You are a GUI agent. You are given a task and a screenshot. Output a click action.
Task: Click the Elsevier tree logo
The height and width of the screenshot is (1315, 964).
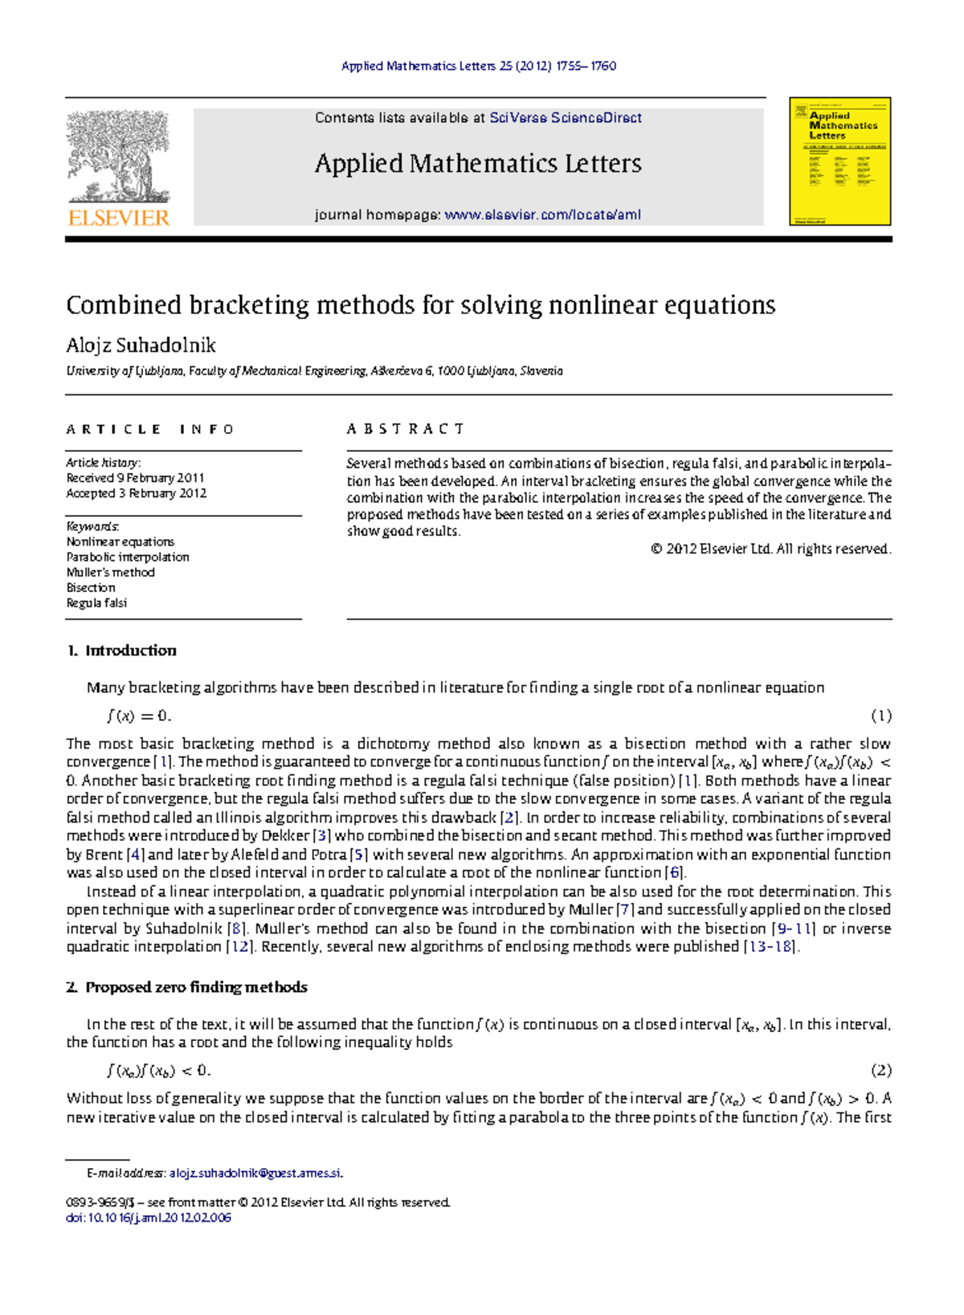click(119, 156)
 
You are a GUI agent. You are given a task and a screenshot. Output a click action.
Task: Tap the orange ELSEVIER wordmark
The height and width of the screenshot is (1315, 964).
click(119, 218)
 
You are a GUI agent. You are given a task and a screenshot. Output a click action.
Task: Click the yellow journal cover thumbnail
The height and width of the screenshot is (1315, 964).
click(839, 161)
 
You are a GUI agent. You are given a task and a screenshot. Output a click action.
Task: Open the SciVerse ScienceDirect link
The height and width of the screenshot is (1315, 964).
click(565, 118)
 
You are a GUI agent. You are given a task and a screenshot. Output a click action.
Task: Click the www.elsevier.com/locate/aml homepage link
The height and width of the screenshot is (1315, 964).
click(542, 214)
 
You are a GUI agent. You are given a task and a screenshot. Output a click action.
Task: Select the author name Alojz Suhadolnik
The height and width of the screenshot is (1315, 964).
click(141, 345)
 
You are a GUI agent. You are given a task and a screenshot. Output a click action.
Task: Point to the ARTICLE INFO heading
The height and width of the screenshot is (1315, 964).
click(149, 429)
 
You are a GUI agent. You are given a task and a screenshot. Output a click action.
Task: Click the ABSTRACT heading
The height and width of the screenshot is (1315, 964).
click(405, 429)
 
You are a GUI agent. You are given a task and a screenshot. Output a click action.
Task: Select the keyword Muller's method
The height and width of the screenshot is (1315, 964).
click(110, 572)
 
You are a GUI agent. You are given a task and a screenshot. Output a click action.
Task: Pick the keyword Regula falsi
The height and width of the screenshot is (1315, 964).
click(96, 602)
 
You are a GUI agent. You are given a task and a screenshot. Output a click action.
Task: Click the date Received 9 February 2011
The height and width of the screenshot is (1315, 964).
click(135, 478)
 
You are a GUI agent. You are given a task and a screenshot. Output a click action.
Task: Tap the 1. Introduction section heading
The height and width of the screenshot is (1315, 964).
click(121, 651)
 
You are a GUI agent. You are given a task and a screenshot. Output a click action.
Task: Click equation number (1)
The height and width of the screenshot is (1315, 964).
click(880, 715)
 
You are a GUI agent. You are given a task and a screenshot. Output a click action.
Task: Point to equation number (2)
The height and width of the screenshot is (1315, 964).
click(880, 1070)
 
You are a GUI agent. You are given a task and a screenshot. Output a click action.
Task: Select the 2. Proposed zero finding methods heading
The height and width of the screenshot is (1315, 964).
click(186, 987)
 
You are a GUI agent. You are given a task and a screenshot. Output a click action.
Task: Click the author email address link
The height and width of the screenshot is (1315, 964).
click(255, 1173)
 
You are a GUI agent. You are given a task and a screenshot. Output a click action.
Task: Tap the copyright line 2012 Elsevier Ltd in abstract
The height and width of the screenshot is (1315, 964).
click(770, 549)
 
